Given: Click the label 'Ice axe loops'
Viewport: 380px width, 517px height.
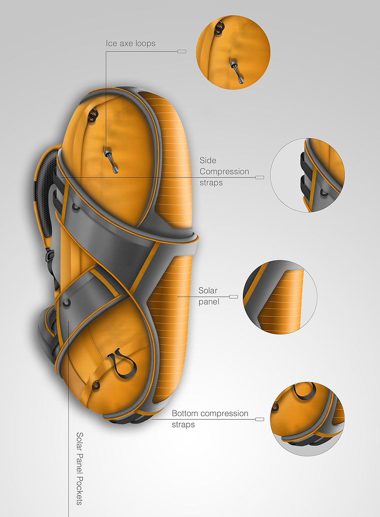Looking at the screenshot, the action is (x=130, y=43).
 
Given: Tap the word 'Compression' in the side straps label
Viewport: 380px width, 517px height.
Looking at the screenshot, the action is (x=224, y=171).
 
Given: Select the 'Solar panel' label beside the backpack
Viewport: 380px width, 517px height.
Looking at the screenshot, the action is (x=208, y=296).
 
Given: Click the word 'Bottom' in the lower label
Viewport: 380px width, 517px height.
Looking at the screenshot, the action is (x=185, y=413).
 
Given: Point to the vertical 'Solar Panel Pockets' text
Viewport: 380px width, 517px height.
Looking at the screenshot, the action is (x=80, y=468).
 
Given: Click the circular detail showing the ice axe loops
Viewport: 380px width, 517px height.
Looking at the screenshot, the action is (x=233, y=52).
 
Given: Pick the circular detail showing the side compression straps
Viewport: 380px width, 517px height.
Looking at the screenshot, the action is (x=307, y=175).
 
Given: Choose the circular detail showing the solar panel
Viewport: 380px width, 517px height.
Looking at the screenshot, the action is (x=280, y=296).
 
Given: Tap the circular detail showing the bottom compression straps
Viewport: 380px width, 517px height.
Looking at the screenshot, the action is (x=307, y=419).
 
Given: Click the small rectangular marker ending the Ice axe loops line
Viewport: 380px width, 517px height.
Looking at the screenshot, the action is (x=182, y=51).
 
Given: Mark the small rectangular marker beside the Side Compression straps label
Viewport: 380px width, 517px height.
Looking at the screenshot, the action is (x=259, y=178).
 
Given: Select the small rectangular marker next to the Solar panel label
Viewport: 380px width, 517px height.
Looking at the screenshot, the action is (x=233, y=296).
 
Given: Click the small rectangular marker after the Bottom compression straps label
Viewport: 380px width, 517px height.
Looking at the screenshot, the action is (x=259, y=419).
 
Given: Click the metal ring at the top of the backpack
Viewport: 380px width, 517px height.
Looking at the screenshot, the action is (x=94, y=115).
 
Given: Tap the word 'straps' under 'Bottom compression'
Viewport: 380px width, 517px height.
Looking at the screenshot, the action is (x=183, y=424).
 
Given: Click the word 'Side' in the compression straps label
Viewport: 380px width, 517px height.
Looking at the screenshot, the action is (x=208, y=160).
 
